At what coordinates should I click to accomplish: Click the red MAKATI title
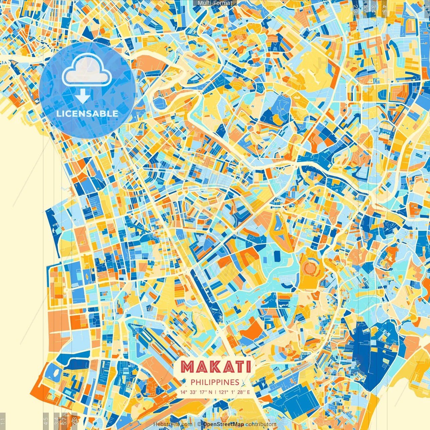215,367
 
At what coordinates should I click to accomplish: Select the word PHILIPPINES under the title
215,382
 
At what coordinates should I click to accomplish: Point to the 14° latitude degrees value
183,392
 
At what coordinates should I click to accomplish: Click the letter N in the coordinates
210,392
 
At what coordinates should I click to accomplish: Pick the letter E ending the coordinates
248,392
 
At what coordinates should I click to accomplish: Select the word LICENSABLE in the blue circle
87,114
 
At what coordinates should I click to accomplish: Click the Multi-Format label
215,3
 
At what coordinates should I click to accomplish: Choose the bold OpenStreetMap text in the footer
223,424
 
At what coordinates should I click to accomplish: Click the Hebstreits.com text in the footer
173,424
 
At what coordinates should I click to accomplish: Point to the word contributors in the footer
261,424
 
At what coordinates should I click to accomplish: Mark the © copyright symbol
199,424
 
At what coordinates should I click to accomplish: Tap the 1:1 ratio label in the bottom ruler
3,421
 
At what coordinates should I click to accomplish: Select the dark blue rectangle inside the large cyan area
277,256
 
